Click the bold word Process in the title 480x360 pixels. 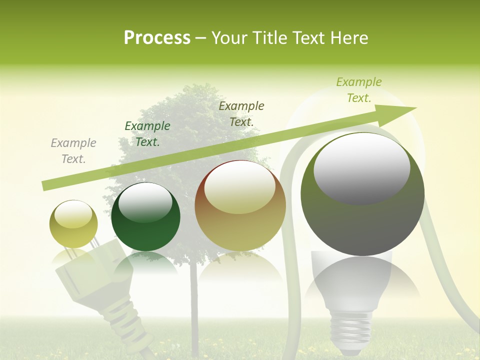click(x=157, y=38)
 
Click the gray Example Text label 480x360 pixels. click(x=73, y=151)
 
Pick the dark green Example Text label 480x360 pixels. click(x=147, y=134)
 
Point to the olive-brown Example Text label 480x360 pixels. click(x=241, y=113)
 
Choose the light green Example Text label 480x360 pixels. click(x=359, y=90)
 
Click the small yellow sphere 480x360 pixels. click(x=73, y=224)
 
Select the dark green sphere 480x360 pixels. click(x=145, y=216)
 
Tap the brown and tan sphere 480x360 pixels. click(x=240, y=205)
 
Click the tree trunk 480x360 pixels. click(x=194, y=300)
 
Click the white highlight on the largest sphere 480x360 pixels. click(x=361, y=167)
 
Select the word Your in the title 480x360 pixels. click(x=230, y=38)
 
